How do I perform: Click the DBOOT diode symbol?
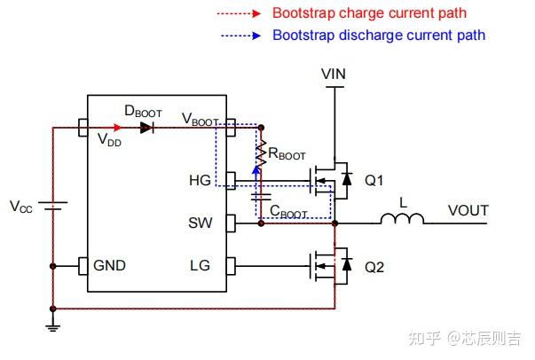tap(147, 128)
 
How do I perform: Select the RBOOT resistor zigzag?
tap(261, 153)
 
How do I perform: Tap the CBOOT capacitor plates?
tap(261, 197)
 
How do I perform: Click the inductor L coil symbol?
tap(402, 218)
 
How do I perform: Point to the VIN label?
tap(334, 74)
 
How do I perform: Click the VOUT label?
tap(468, 210)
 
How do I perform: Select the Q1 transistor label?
tap(374, 180)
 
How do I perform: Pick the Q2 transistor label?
tap(374, 267)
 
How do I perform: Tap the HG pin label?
tap(200, 180)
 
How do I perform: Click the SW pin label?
tap(201, 223)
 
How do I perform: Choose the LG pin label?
tap(200, 266)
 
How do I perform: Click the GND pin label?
tap(109, 266)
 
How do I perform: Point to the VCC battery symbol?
tap(53, 206)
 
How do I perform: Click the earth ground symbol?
tap(53, 328)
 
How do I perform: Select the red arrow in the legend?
tap(239, 13)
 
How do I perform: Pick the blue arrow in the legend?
tap(241, 35)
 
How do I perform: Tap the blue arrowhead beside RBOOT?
tap(256, 170)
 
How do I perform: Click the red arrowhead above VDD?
tap(117, 128)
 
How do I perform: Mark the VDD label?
tap(109, 140)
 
